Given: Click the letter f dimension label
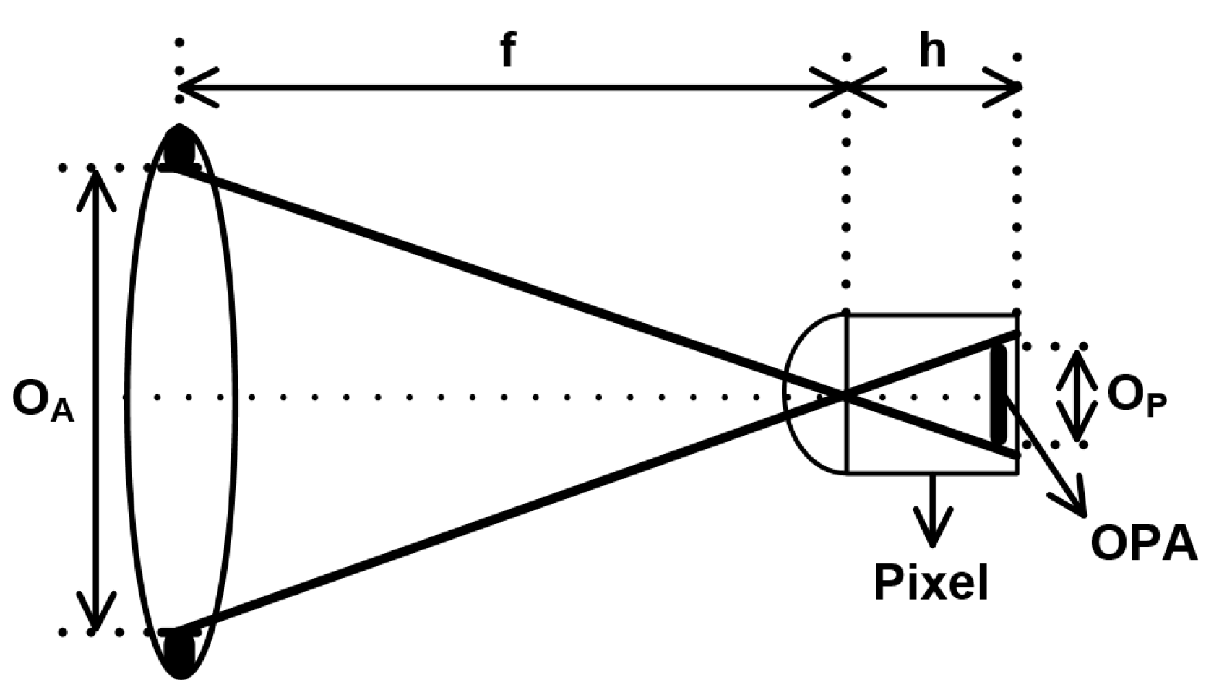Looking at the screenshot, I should (x=508, y=51).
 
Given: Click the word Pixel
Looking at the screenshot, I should (x=931, y=582).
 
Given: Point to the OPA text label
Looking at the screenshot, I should (x=1143, y=543).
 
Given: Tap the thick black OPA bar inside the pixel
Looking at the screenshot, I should (x=999, y=394).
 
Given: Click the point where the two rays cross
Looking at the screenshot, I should (x=844, y=394).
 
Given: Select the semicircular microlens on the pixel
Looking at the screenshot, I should (x=814, y=394).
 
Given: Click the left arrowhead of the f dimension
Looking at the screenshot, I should (x=194, y=88).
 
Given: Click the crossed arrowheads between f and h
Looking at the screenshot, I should (x=847, y=87).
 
